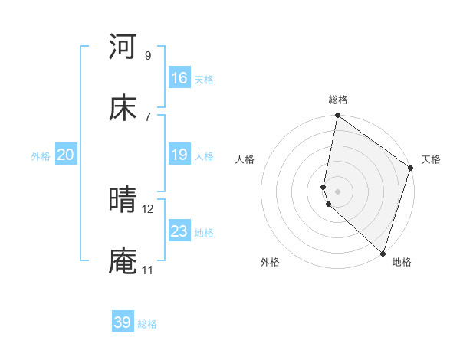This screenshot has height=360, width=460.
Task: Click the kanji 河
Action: [x=123, y=47]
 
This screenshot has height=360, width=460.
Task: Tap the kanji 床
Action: [x=123, y=108]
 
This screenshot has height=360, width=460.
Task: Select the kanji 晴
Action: [x=123, y=200]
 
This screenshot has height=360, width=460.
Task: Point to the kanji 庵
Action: [x=123, y=261]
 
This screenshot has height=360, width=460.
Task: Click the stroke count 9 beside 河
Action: [x=148, y=55]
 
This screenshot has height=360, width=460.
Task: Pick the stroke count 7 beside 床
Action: [x=148, y=116]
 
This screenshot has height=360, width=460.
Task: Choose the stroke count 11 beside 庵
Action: [x=147, y=270]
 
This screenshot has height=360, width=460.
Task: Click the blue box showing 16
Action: [x=179, y=78]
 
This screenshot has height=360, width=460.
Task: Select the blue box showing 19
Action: [x=179, y=155]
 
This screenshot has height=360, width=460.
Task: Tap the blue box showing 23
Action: [x=179, y=231]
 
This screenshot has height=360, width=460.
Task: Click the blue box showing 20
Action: [x=66, y=155]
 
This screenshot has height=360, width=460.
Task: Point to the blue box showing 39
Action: [x=123, y=322]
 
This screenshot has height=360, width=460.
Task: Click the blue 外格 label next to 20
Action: [x=41, y=156]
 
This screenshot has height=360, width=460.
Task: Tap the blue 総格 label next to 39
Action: [x=147, y=324]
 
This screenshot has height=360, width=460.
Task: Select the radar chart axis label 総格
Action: [x=338, y=100]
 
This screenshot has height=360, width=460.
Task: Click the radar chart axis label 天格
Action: [x=431, y=159]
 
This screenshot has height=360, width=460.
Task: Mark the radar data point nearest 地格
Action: [x=383, y=253]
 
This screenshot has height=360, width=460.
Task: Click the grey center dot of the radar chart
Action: [x=338, y=191]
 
